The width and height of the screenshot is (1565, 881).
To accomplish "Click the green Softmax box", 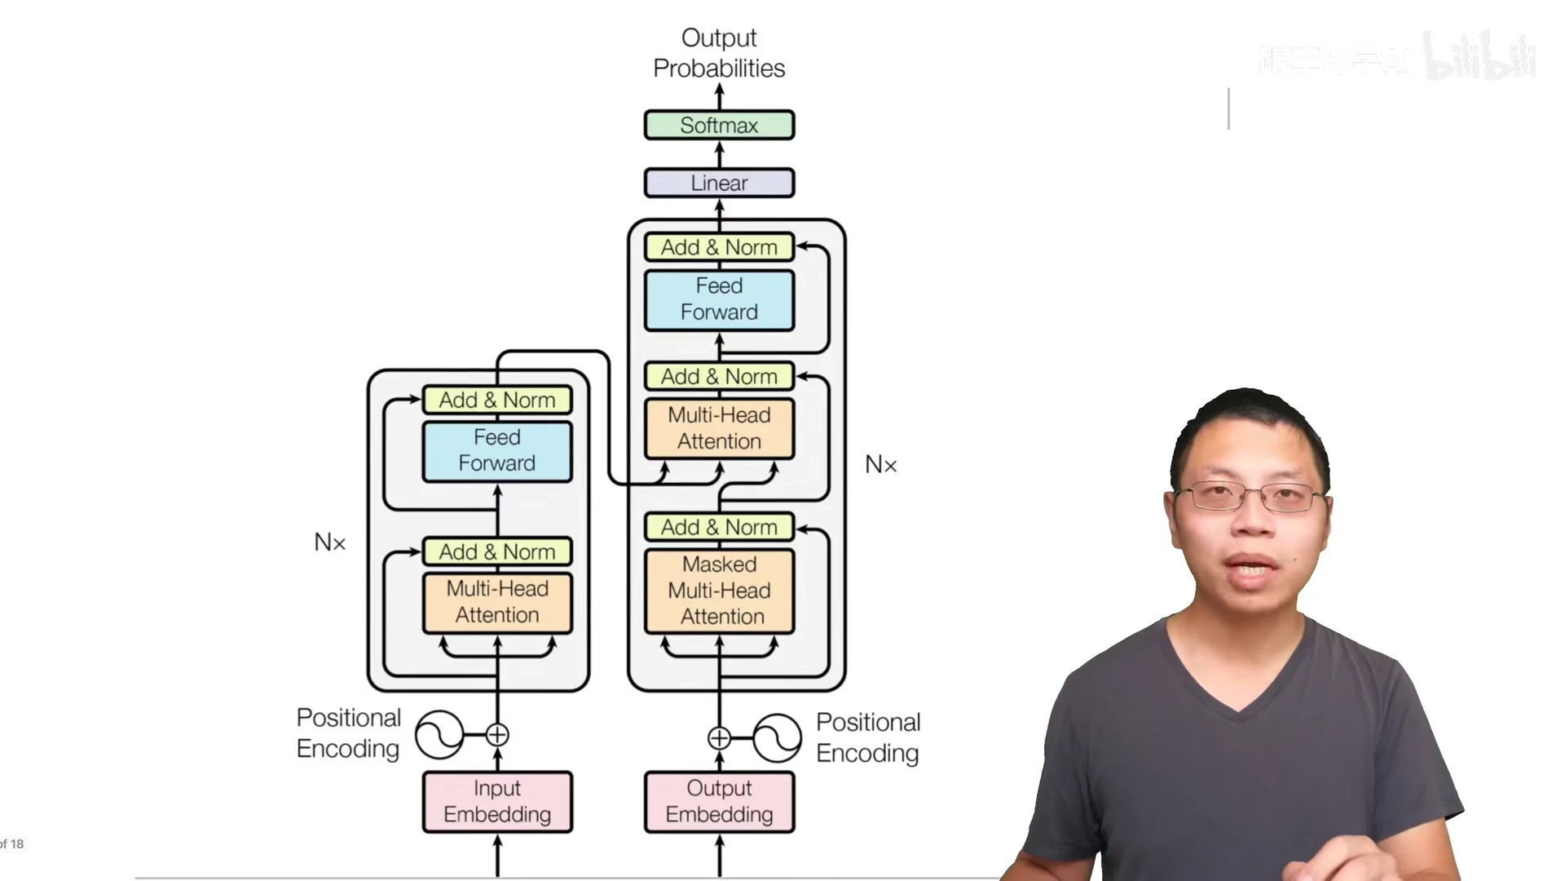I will point(719,126).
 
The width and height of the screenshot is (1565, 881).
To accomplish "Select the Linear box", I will point(719,183).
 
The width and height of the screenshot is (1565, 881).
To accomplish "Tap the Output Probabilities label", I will point(719,53).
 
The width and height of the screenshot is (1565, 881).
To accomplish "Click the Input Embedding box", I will point(497,801).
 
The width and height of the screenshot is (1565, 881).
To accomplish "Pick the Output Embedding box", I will point(719,801).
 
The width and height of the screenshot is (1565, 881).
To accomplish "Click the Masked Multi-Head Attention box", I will point(719,591).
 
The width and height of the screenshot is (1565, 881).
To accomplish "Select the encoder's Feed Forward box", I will point(497,450).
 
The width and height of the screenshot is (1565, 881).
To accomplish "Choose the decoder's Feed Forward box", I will point(719,299).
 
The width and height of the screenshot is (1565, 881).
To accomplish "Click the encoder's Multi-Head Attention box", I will point(497,602).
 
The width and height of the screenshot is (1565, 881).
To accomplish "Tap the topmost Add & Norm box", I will point(719,247).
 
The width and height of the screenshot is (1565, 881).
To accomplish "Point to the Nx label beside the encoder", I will point(330,542).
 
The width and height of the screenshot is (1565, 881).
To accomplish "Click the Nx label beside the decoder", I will point(880,465).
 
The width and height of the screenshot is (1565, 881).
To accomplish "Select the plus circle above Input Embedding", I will point(497,735).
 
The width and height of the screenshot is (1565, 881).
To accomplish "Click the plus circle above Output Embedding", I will point(719,738).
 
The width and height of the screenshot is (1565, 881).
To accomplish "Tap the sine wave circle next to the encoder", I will point(439,735).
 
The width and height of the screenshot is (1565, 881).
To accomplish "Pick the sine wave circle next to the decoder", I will point(777,738).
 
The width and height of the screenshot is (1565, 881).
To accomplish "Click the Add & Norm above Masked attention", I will point(719,528).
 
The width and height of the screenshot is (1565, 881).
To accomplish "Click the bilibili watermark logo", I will point(1479,57).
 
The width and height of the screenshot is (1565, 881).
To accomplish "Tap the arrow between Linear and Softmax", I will point(719,154).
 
